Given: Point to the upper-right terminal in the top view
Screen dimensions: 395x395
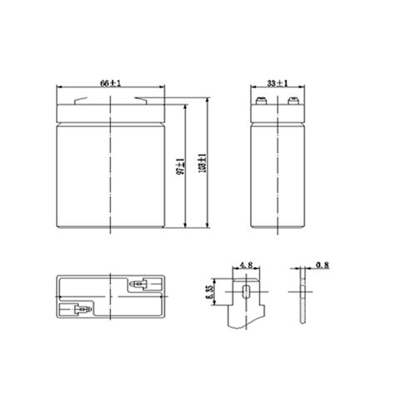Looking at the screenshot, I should coord(137,285).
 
